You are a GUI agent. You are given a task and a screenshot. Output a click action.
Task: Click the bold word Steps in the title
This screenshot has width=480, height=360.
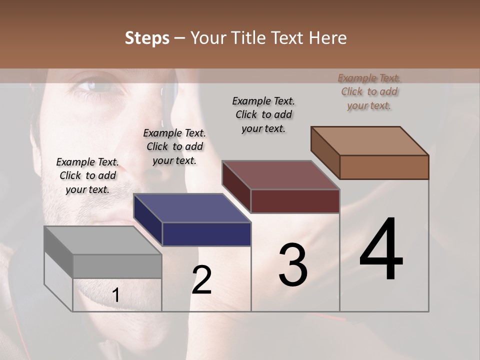point(147,38)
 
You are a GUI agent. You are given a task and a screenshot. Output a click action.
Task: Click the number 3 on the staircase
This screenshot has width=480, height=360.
point(293,264)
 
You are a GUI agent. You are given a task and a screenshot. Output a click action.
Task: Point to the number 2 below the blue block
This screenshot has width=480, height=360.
point(202,280)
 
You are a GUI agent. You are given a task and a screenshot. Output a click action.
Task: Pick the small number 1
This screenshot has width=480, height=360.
point(116,295)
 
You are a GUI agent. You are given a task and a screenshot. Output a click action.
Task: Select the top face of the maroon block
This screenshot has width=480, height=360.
point(280,175)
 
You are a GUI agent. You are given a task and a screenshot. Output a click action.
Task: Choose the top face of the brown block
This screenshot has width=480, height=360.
point(369,141)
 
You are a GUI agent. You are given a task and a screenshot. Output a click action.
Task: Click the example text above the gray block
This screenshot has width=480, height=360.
point(87,175)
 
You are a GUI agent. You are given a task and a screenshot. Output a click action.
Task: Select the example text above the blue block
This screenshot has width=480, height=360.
point(174,146)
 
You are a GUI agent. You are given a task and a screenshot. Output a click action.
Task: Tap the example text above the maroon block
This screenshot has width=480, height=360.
point(263,114)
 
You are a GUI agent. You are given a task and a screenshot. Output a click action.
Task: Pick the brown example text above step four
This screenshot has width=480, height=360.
point(369,91)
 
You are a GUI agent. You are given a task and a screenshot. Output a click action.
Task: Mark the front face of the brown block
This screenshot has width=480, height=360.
point(384,167)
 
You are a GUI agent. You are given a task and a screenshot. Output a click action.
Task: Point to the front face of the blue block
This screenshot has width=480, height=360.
point(206,234)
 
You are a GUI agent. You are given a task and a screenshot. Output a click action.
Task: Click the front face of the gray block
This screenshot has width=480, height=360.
point(117,266)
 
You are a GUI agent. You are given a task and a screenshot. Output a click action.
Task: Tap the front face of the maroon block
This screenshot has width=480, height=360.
point(295,201)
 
